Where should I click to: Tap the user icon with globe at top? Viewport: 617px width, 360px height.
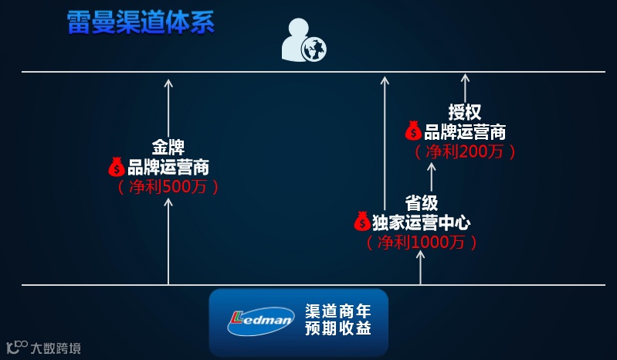(x=303, y=41)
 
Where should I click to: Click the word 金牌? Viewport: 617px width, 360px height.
(x=168, y=146)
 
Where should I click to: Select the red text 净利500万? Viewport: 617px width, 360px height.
(x=168, y=187)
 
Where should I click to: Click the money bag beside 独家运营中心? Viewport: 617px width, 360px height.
(x=362, y=222)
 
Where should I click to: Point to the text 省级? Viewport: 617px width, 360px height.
(x=422, y=202)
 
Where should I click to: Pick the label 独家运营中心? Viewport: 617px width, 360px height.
(x=422, y=222)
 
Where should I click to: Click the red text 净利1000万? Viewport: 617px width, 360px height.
(x=422, y=243)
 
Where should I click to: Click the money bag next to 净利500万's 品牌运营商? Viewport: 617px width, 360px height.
(x=117, y=166)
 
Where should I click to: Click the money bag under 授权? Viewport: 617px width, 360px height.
(x=413, y=131)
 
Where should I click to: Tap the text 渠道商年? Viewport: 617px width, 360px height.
(x=338, y=311)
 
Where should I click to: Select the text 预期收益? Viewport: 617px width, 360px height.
(x=338, y=329)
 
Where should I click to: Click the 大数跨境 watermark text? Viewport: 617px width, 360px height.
(x=56, y=348)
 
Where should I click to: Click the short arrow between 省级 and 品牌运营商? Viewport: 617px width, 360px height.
(x=431, y=176)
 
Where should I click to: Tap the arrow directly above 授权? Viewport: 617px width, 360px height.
(x=465, y=87)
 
